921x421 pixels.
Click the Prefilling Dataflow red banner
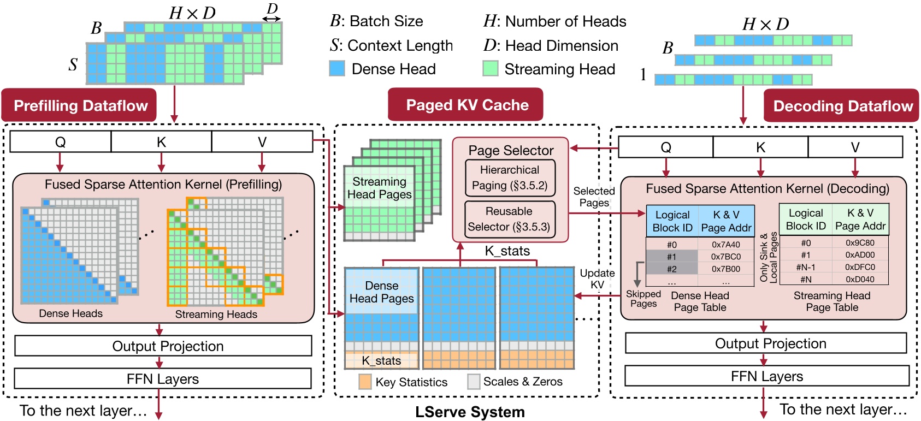pos(80,105)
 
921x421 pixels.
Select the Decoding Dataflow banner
pos(842,106)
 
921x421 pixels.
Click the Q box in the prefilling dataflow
pos(61,142)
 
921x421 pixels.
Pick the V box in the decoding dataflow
pos(855,147)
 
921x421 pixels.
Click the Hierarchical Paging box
pos(510,177)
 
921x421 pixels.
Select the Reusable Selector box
pos(510,219)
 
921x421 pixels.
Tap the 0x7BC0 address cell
pos(725,257)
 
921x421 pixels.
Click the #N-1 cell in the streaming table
pos(806,267)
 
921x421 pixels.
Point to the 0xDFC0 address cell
pos(860,267)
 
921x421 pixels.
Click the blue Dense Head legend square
pos(337,68)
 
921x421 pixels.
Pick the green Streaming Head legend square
pos(491,68)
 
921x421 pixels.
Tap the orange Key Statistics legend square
pos(365,382)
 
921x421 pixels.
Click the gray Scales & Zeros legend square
pos(474,382)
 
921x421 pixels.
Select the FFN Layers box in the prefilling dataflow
pos(163,379)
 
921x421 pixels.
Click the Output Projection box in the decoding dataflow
pos(770,343)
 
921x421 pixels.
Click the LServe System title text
pos(470,412)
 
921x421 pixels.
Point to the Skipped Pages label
pos(643,299)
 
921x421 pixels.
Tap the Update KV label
pos(597,278)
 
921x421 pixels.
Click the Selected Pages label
pos(594,197)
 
